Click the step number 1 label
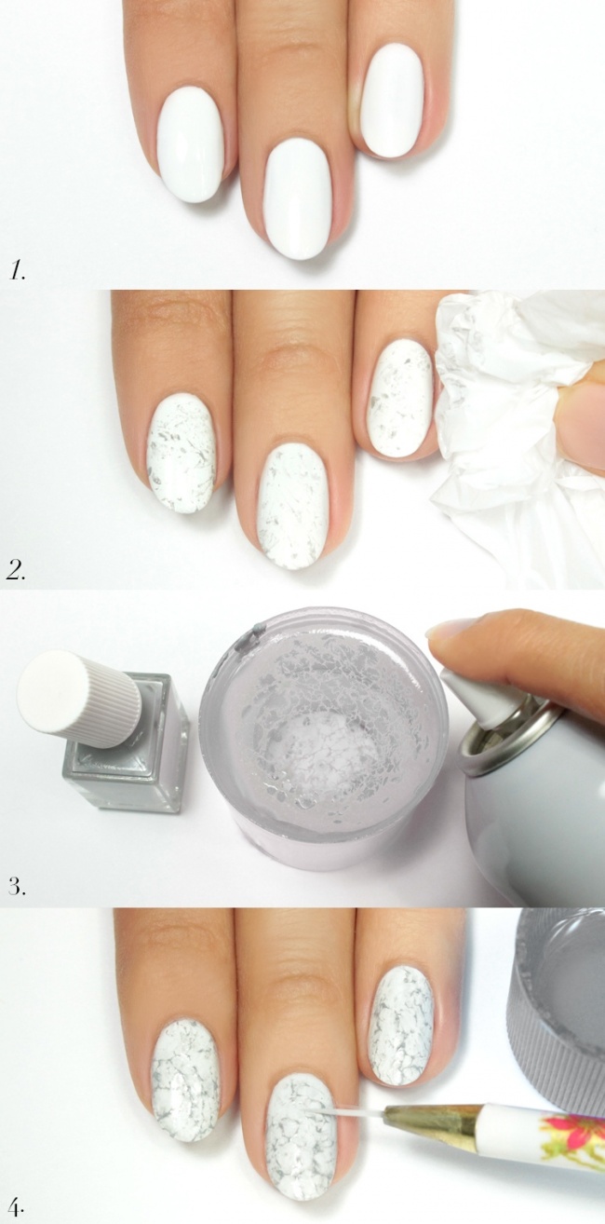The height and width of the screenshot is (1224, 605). click(x=18, y=271)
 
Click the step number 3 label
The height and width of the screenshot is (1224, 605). click(x=17, y=886)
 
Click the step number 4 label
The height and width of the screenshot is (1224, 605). click(x=17, y=1202)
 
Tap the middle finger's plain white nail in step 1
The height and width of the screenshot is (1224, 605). click(x=298, y=197)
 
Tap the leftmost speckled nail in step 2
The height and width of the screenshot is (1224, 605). click(x=181, y=455)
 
